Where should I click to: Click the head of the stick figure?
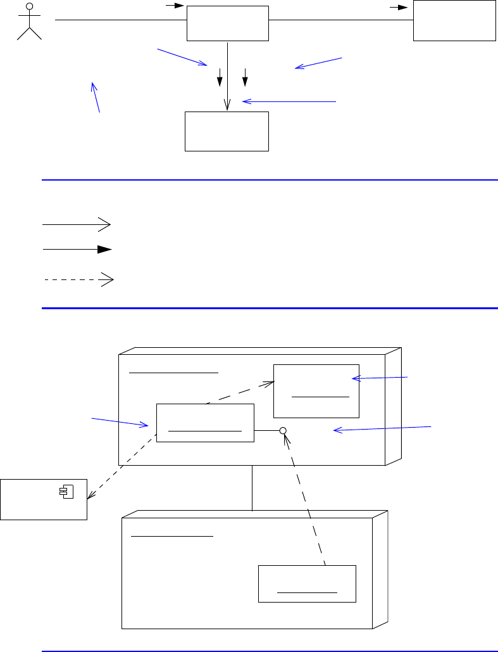pyautogui.click(x=29, y=7)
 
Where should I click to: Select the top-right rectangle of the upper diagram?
pyautogui.click(x=454, y=20)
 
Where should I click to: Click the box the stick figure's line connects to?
pyautogui.click(x=227, y=23)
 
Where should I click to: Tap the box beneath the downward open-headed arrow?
pyautogui.click(x=227, y=132)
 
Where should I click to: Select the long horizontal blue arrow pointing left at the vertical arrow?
pyautogui.click(x=289, y=101)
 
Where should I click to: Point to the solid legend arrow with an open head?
pyautogui.click(x=77, y=224)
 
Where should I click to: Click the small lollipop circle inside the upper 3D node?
pyautogui.click(x=283, y=431)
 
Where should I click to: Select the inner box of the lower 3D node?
pyautogui.click(x=307, y=584)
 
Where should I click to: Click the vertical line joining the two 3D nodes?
pyautogui.click(x=252, y=488)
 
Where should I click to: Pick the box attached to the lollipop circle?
pyautogui.click(x=205, y=423)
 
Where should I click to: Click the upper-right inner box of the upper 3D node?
pyautogui.click(x=316, y=391)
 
